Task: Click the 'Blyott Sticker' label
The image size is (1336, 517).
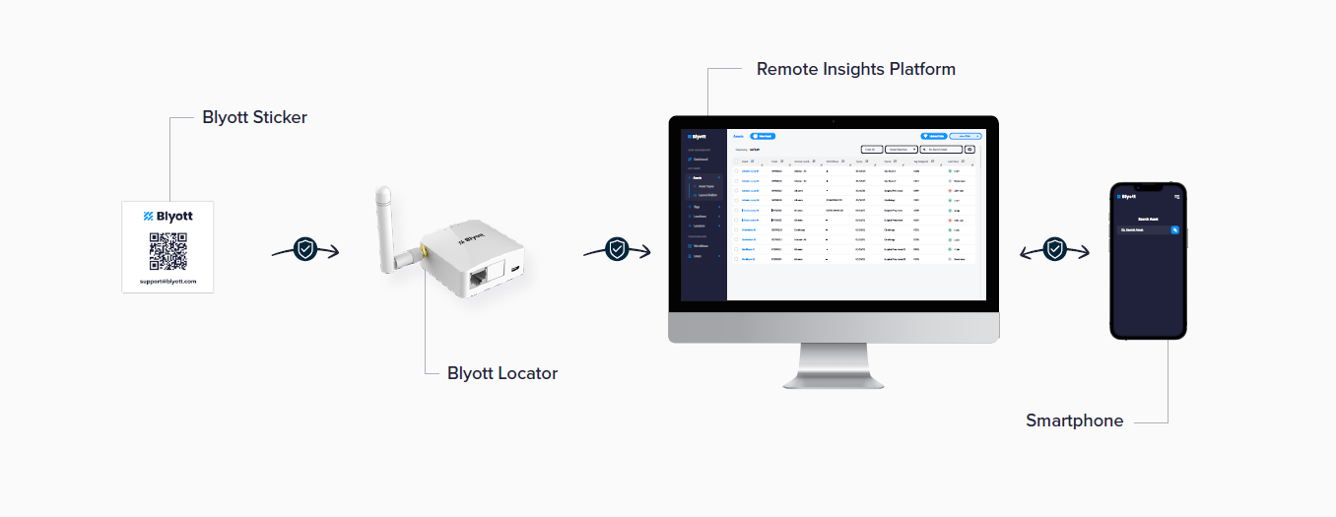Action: (254, 117)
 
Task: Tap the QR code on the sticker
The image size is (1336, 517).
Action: (167, 250)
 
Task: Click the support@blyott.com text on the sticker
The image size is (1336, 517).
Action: (167, 281)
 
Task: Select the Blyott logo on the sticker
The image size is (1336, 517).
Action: (167, 216)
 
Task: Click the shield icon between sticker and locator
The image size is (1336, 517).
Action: (305, 250)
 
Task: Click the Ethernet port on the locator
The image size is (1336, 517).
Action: (480, 278)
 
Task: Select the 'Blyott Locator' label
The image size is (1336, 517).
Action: (502, 373)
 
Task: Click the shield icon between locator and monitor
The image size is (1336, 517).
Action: (617, 249)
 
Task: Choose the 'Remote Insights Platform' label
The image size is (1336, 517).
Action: (856, 69)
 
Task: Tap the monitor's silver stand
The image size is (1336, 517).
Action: (833, 364)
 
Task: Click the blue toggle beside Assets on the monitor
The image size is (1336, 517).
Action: (763, 136)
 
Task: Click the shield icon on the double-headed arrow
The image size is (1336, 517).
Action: (1055, 249)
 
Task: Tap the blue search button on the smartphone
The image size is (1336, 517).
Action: (1174, 229)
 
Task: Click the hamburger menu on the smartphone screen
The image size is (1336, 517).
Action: (1176, 196)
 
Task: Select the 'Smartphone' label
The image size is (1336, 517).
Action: (1074, 420)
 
